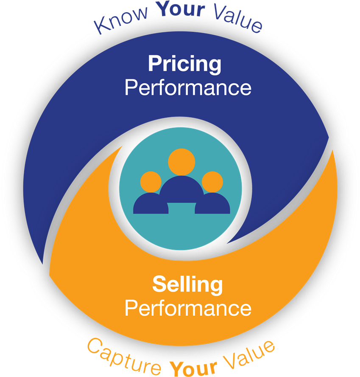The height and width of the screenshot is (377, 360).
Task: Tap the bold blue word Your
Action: point(181,9)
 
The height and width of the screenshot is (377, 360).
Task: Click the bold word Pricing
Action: point(184,64)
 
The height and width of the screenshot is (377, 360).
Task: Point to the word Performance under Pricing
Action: point(188,88)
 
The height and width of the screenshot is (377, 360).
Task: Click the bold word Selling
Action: point(187,285)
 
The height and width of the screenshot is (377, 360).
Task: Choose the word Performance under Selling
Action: point(188,308)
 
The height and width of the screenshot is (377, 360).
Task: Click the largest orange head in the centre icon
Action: point(181,162)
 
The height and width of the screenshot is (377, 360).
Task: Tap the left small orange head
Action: point(151,182)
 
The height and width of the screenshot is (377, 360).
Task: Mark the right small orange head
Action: point(212,182)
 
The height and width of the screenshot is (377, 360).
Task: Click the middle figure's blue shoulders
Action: point(181,189)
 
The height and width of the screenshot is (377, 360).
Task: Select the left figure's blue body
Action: point(151,203)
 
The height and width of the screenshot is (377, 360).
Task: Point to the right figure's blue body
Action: point(212,203)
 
